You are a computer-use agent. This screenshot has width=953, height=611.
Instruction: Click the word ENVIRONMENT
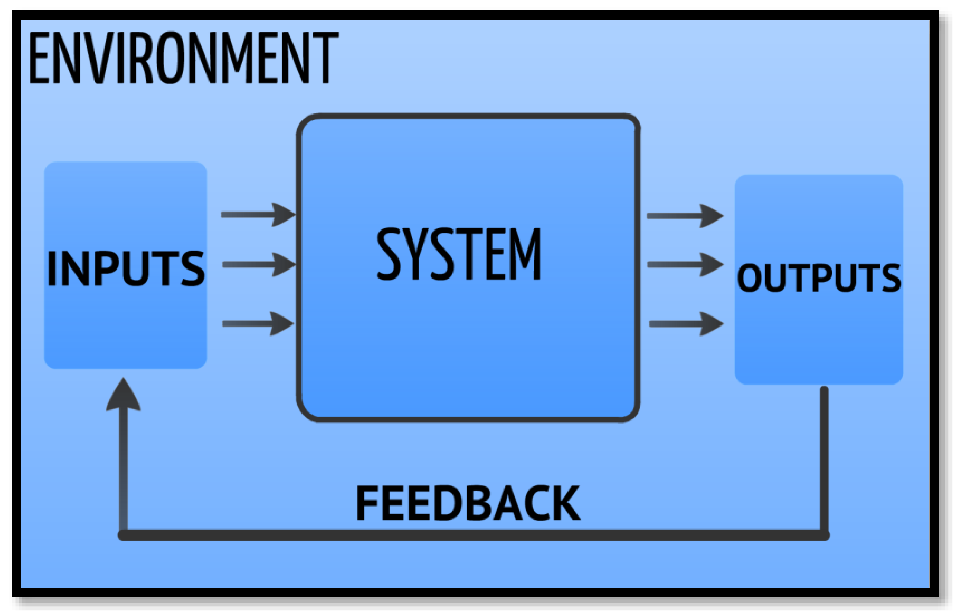pos(183,58)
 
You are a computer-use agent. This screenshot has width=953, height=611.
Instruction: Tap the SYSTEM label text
pos(459,254)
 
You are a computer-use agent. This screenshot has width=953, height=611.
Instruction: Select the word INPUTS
pos(125,268)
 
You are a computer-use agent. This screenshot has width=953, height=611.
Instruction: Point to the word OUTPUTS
pos(818,278)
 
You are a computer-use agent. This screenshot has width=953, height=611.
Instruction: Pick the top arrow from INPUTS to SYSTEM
pos(258,215)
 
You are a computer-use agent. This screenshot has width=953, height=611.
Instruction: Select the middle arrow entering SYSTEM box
pos(259,264)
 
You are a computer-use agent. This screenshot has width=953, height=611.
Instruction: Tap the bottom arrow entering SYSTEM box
pos(258,324)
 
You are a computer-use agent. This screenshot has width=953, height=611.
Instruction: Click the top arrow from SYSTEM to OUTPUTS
pos(685,216)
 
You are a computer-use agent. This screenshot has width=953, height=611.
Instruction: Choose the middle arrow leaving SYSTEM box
pos(685,264)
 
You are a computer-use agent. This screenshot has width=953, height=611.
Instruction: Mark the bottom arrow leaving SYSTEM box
pos(685,324)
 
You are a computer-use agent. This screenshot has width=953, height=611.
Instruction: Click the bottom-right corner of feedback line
pos(824,535)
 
